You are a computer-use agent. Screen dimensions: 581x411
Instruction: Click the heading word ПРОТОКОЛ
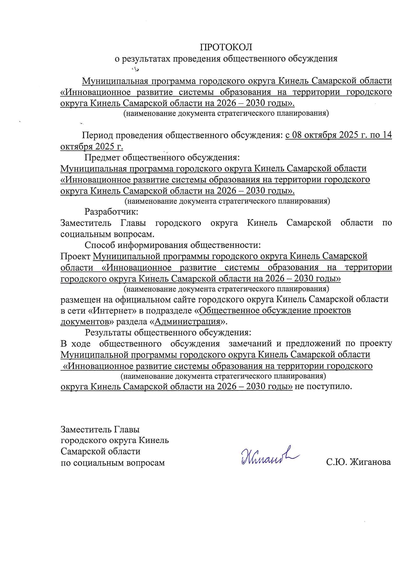pos(227,47)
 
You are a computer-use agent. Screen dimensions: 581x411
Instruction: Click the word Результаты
pos(107,332)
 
